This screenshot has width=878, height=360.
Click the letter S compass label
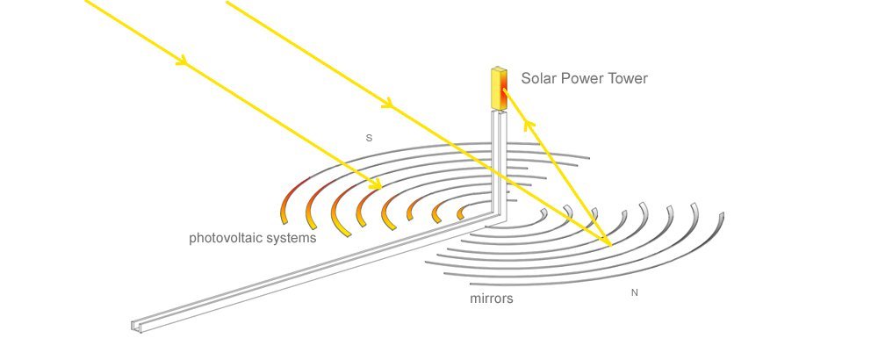(x=369, y=138)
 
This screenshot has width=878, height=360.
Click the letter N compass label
(x=635, y=292)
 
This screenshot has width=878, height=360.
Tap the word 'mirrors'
(x=491, y=299)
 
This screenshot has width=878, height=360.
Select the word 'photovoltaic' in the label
(x=226, y=238)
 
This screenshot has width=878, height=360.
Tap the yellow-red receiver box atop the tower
(x=499, y=89)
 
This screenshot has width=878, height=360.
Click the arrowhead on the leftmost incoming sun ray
(x=181, y=61)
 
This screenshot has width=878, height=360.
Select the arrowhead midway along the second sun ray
(x=387, y=103)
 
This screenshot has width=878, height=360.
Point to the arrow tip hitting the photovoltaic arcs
(x=377, y=184)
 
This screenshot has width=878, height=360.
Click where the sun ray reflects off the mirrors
(x=611, y=245)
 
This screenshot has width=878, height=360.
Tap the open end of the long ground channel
(x=136, y=327)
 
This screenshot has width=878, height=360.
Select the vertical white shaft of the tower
(x=499, y=162)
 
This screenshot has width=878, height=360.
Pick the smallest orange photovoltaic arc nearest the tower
(x=462, y=212)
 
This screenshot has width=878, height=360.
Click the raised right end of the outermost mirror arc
(x=721, y=217)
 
